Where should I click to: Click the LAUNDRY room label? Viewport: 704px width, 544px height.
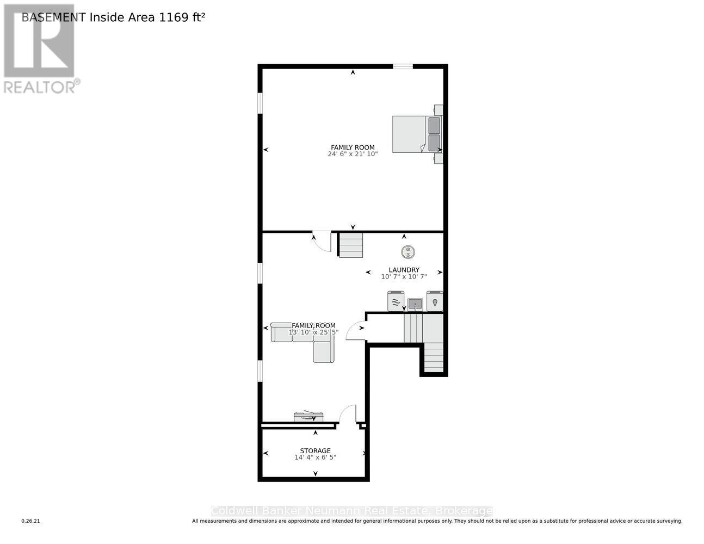tap(404, 270)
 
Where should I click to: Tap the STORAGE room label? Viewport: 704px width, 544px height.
tap(315, 450)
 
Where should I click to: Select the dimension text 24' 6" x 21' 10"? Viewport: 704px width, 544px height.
tap(353, 154)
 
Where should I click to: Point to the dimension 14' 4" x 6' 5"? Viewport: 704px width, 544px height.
tap(315, 458)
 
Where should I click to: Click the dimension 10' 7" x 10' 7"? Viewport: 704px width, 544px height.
tap(404, 277)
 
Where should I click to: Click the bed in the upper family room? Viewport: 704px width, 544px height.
tap(416, 134)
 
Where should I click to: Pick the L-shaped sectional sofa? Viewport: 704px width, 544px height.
tap(305, 339)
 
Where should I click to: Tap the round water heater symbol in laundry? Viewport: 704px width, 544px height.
tap(409, 252)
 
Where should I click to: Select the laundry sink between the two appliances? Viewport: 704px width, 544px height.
tap(415, 304)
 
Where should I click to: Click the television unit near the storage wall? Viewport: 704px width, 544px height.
tap(308, 417)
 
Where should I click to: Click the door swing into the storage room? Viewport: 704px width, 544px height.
tap(348, 414)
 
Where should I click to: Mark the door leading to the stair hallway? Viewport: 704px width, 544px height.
tap(356, 331)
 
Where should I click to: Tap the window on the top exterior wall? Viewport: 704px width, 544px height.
tap(403, 67)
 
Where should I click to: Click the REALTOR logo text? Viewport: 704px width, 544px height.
tap(39, 87)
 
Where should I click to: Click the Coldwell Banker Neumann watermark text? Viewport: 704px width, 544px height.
tap(351, 511)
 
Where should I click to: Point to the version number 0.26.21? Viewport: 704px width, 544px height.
tap(31, 521)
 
